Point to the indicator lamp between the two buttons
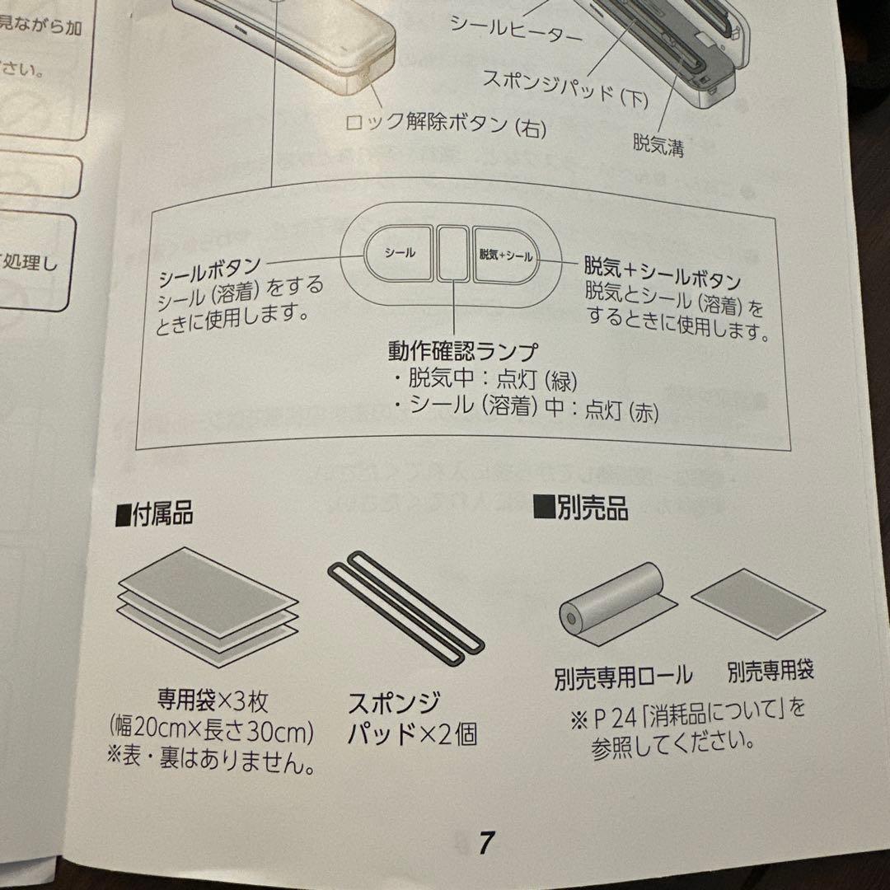452,253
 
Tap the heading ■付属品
154,514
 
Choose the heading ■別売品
580,508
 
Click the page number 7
486,843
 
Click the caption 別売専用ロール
623,677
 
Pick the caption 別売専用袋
771,671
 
